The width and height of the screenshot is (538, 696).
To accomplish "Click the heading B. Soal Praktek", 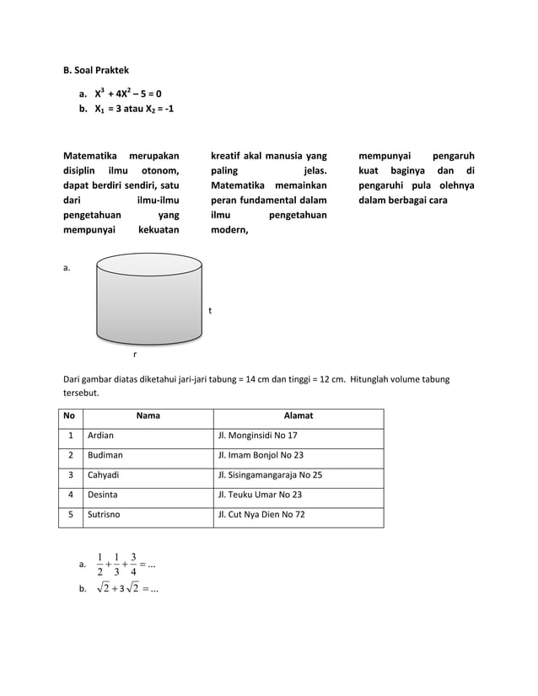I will (96, 70).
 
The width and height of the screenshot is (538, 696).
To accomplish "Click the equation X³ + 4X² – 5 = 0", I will (127, 94).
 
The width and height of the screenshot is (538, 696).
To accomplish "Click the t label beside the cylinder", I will (210, 311).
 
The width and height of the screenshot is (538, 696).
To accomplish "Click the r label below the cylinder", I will (135, 355).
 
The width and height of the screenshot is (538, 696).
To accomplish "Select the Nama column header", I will (148, 415).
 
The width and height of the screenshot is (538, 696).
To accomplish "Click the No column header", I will (69, 415).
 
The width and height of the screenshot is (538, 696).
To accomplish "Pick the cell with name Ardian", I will (100, 436).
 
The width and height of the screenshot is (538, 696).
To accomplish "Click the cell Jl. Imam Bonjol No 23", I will (261, 455).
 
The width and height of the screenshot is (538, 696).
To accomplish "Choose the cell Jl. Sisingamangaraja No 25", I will (270, 474).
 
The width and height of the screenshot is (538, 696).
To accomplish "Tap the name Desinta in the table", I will (103, 495).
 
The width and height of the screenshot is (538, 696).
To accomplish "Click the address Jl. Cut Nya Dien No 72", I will (261, 514).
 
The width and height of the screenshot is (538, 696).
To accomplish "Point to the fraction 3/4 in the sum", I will (133, 565).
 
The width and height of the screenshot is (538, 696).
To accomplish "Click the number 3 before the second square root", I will (122, 588).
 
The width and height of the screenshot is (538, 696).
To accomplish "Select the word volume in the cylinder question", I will (396, 379).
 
